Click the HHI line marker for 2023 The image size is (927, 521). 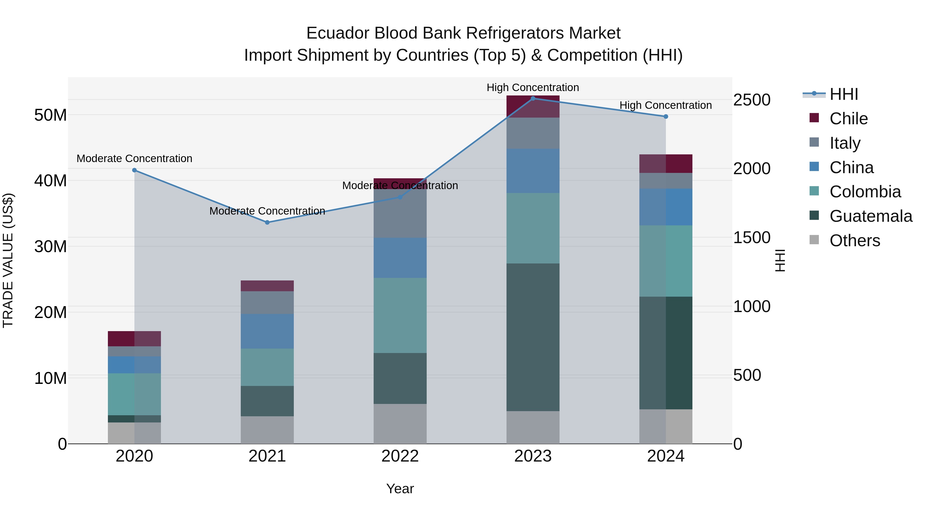pos(533,98)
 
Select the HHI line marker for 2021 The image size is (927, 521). pos(267,223)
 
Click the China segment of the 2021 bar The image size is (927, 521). pos(267,331)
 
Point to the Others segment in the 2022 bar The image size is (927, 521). pos(400,423)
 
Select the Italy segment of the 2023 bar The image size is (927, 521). pos(533,133)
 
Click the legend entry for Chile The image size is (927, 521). pos(848,119)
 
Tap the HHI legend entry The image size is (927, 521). pos(844,94)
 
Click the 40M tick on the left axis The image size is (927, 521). pos(50,181)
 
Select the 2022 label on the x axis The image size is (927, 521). pos(400,456)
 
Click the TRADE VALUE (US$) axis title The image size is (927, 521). pos(8,260)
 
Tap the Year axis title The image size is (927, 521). pos(400,489)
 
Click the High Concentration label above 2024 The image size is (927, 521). pos(665,105)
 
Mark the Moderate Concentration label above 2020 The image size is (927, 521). pos(134,158)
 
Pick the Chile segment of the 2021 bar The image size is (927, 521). pos(267,286)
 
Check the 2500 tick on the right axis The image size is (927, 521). pos(752,100)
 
